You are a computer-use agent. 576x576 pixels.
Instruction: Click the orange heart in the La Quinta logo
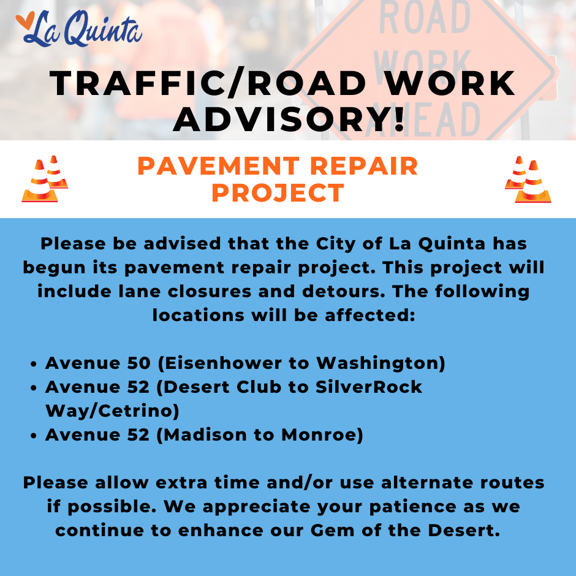tap(25, 21)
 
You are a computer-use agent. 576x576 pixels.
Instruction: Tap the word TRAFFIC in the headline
tap(138, 84)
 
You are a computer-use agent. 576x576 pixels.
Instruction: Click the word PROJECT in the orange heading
tap(278, 193)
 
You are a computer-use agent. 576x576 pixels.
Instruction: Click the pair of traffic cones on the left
tap(45, 179)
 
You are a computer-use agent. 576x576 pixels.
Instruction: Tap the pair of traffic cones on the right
tap(528, 180)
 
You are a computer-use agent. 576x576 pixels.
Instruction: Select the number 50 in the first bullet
tap(139, 363)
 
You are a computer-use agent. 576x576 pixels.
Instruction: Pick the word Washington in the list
tap(377, 363)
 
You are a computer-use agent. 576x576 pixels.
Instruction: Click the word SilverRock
tap(369, 387)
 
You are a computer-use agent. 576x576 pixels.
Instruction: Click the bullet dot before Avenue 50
tap(34, 364)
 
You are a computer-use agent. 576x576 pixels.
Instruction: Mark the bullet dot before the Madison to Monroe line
tap(34, 436)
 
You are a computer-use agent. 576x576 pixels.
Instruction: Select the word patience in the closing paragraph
tap(412, 507)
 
